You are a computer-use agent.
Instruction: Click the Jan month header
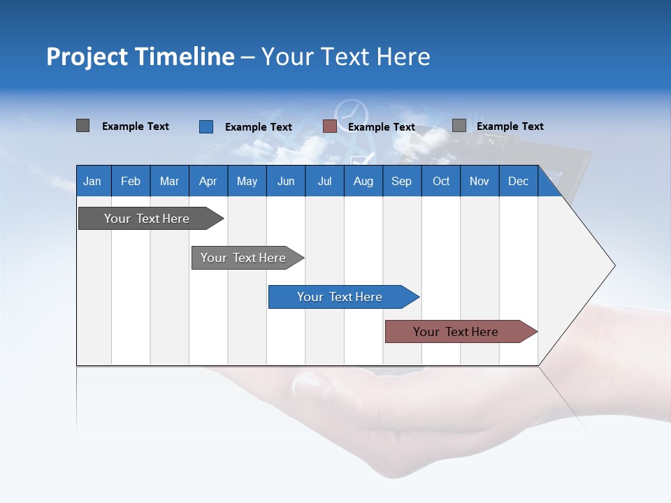pyautogui.click(x=92, y=182)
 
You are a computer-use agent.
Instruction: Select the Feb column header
pyautogui.click(x=131, y=182)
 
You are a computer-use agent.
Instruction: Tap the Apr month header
pyautogui.click(x=208, y=182)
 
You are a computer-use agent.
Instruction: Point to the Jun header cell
pyautogui.click(x=286, y=182)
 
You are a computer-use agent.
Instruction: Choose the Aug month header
pyautogui.click(x=363, y=182)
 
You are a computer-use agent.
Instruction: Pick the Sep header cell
pyautogui.click(x=401, y=182)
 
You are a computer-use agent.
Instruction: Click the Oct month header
pyautogui.click(x=441, y=182)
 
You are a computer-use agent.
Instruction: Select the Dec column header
pyautogui.click(x=518, y=182)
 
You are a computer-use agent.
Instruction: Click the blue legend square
pyautogui.click(x=206, y=126)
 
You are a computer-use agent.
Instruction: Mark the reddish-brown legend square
pyautogui.click(x=330, y=126)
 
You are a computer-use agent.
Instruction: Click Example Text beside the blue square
pyautogui.click(x=258, y=127)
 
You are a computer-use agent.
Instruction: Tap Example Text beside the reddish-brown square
pyautogui.click(x=381, y=127)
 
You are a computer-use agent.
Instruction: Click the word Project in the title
pyautogui.click(x=87, y=57)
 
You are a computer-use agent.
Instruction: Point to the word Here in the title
pyautogui.click(x=403, y=57)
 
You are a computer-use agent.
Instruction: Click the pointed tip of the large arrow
pyautogui.click(x=613, y=265)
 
